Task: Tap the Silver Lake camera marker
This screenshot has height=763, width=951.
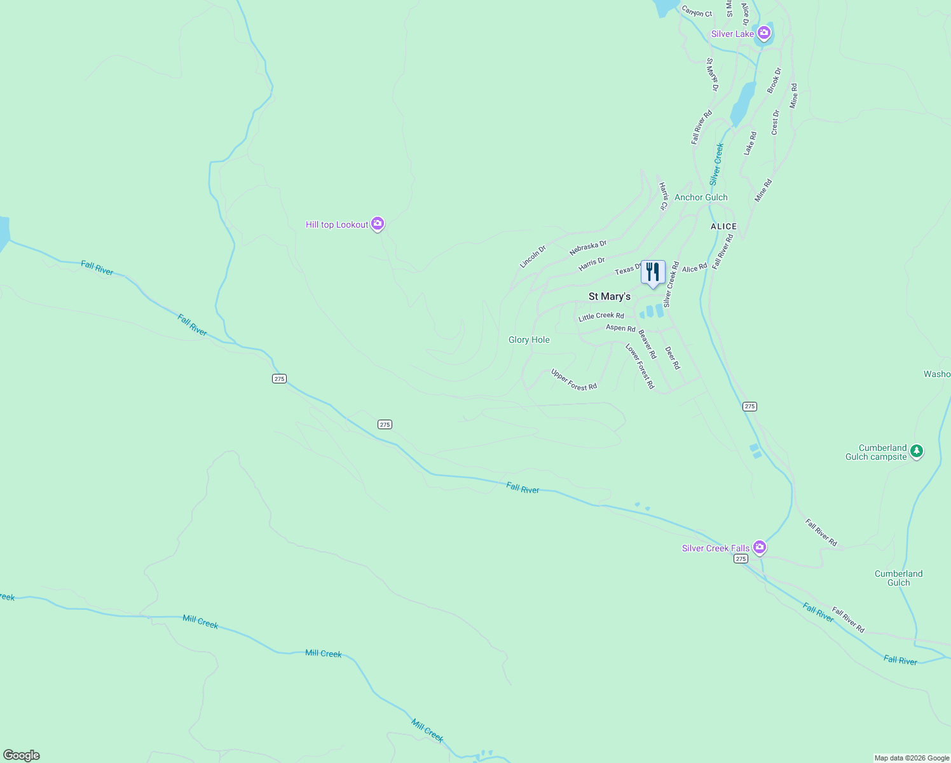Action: pyautogui.click(x=763, y=32)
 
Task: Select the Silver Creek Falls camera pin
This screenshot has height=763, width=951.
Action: pyautogui.click(x=759, y=547)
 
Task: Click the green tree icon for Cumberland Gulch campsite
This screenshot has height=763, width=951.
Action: pyautogui.click(x=916, y=451)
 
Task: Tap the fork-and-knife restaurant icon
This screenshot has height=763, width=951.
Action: pyautogui.click(x=653, y=272)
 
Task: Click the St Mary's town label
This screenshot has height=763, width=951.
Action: pyautogui.click(x=609, y=296)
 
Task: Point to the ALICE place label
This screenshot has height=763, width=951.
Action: pyautogui.click(x=723, y=226)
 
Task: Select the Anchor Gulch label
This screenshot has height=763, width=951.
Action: pyautogui.click(x=701, y=197)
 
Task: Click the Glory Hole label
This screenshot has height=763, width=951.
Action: pyautogui.click(x=529, y=340)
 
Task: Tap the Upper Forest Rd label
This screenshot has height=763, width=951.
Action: pyautogui.click(x=574, y=380)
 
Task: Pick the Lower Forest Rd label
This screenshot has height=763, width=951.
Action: pyautogui.click(x=640, y=366)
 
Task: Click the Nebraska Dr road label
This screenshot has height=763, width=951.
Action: pyautogui.click(x=588, y=247)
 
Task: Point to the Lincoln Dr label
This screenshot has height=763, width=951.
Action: pyautogui.click(x=533, y=257)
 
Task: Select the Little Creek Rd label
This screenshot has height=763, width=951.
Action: pyautogui.click(x=601, y=316)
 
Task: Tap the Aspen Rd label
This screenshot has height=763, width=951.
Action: pyautogui.click(x=620, y=328)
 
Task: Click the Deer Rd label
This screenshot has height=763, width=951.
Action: pyautogui.click(x=672, y=357)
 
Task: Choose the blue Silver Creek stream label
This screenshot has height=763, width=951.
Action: pyautogui.click(x=716, y=163)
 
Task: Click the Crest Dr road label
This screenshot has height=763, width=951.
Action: pyautogui.click(x=775, y=122)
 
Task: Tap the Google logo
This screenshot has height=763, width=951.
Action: pyautogui.click(x=21, y=755)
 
